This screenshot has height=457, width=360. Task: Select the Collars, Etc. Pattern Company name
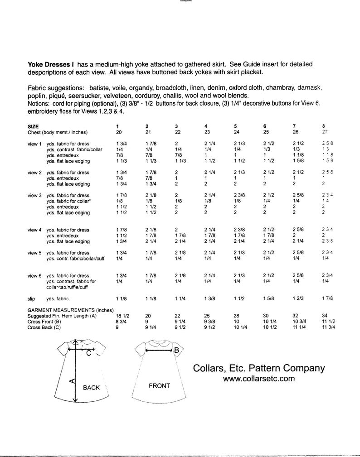click(258, 368)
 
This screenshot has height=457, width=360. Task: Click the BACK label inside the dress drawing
click(91, 388)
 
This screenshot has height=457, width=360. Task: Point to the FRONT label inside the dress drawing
click(159, 386)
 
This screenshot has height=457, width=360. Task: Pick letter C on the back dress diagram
click(88, 356)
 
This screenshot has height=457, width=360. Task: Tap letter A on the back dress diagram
click(71, 382)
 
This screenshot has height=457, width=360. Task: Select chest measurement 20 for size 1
click(119, 132)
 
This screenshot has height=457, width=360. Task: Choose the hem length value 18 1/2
click(123, 315)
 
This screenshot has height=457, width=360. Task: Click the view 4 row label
click(34, 230)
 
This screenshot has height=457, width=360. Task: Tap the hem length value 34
click(324, 315)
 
